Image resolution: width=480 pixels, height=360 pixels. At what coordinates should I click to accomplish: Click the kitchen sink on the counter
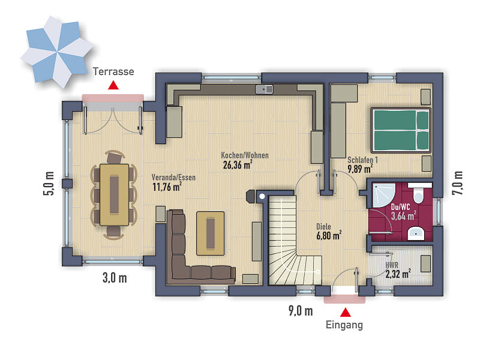[264, 89]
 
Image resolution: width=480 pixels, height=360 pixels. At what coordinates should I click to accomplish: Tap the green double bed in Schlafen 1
[401, 130]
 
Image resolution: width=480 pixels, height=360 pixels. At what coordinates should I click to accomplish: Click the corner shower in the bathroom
[385, 196]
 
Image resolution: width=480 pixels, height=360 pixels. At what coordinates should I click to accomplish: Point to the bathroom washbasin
[416, 233]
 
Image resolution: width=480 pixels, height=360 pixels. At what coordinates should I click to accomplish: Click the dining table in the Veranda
[114, 194]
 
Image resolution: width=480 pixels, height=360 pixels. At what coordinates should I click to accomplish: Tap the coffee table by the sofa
[211, 233]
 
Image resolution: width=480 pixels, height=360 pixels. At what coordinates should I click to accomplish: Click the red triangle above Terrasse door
[113, 85]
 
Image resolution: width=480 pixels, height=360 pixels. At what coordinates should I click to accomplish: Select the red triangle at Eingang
[346, 312]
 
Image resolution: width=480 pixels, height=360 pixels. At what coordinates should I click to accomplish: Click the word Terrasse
[113, 71]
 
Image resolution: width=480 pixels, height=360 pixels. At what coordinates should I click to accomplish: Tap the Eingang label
[344, 325]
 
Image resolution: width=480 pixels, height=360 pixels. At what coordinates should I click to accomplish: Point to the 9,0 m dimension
[301, 311]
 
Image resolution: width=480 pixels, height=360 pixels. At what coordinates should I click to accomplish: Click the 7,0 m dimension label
[458, 183]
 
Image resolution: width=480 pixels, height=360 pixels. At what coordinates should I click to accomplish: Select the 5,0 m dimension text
[49, 183]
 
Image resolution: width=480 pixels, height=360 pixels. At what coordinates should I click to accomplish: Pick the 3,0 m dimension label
[115, 278]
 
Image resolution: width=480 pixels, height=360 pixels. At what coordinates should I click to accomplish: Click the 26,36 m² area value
[238, 164]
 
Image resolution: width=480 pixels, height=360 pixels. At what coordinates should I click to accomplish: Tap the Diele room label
[323, 227]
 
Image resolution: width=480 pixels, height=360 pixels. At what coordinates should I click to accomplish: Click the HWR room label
[392, 265]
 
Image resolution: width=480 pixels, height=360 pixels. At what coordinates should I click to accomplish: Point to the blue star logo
[56, 52]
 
